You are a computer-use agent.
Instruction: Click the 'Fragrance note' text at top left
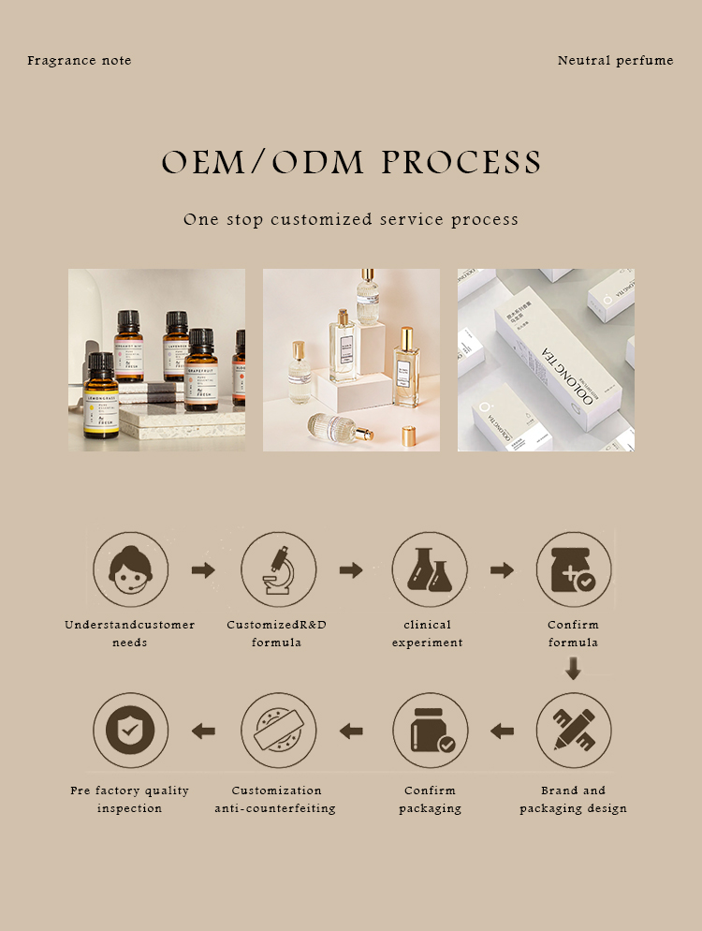pos(80,61)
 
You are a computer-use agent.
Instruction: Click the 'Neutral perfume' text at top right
pos(615,61)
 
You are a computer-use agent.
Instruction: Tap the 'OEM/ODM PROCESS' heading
pos(351,162)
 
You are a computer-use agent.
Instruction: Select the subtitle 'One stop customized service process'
pos(351,220)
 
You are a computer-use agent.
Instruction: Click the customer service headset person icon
pos(130,569)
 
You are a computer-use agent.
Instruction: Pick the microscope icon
pos(278,569)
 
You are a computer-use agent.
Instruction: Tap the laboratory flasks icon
pos(429,569)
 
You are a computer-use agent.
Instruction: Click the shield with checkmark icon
pos(130,730)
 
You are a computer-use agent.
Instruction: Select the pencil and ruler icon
pos(574,730)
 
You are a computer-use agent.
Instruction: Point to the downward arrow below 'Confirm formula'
pos(574,668)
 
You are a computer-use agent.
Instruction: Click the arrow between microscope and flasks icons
pos(351,569)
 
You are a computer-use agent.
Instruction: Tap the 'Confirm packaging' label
pos(430,799)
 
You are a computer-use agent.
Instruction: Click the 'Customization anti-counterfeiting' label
pos(276,799)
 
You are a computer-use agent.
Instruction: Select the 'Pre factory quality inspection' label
pos(130,799)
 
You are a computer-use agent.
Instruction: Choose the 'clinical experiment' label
pos(428,633)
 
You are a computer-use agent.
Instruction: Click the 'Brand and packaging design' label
pos(574,799)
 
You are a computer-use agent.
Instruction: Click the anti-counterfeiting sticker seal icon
pos(278,730)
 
